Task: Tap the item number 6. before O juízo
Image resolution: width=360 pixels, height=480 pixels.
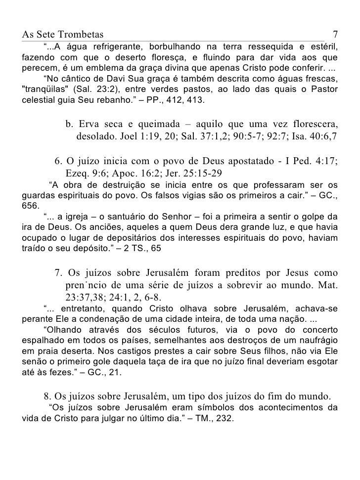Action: click(58, 162)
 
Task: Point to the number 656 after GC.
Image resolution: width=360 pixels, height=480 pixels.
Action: click(31, 205)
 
